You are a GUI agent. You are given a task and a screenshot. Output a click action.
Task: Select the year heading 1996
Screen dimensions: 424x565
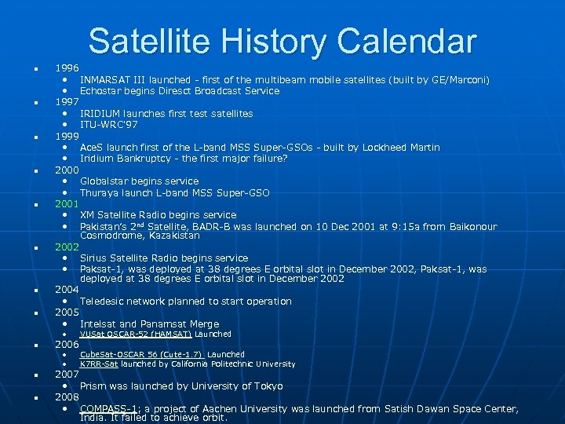point(67,68)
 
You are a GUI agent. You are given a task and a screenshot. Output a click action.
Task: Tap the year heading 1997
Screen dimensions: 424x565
point(67,102)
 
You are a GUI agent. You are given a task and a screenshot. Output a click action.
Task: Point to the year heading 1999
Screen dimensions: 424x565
point(67,136)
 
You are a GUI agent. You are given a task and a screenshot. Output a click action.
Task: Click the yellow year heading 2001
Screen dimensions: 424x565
point(67,203)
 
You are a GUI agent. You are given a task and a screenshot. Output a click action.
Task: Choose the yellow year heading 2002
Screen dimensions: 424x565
point(67,247)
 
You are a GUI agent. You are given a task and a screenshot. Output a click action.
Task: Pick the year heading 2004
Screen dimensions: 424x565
point(67,290)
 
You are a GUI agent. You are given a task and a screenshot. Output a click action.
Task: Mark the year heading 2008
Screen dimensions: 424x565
point(67,397)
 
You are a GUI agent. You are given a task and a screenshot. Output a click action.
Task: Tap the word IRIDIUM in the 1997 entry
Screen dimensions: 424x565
point(99,114)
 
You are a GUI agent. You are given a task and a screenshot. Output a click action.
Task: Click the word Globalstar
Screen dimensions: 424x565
point(105,181)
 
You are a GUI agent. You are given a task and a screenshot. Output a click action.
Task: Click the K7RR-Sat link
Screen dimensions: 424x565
point(99,364)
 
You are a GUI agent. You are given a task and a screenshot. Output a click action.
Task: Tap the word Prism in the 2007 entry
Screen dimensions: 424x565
point(93,386)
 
